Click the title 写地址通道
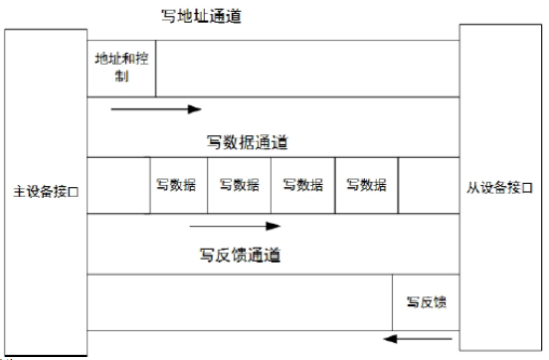point(200,17)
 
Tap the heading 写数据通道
point(247,142)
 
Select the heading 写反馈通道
point(240,256)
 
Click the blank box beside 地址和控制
point(307,68)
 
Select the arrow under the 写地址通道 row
point(156,109)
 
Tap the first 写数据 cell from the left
point(178,185)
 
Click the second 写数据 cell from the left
point(240,185)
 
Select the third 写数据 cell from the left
point(303,185)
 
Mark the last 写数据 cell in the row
point(366,185)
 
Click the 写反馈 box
point(426,302)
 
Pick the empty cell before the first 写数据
point(118,185)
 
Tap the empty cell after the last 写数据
point(429,185)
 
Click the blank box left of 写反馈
point(240,302)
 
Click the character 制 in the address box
point(121,76)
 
